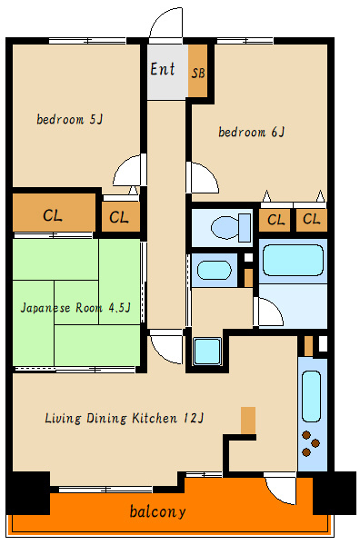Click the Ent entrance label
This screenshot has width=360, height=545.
coord(163,69)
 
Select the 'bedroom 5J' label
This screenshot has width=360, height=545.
coord(70,119)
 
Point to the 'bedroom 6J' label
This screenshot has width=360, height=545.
coord(252,132)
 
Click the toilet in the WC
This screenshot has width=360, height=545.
coord(231,227)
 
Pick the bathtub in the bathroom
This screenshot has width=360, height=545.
coord(293,261)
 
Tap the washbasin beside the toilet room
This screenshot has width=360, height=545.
coord(215,270)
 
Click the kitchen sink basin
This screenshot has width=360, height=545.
coord(311,396)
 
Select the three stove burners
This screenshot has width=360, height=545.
coord(311,443)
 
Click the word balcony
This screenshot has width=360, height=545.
coord(158,511)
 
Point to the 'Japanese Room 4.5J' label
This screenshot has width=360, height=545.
coord(75,308)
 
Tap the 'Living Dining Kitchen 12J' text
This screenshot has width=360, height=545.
coord(125,418)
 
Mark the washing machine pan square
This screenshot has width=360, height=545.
coord(207,351)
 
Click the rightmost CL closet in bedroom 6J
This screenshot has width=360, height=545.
coord(312,220)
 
